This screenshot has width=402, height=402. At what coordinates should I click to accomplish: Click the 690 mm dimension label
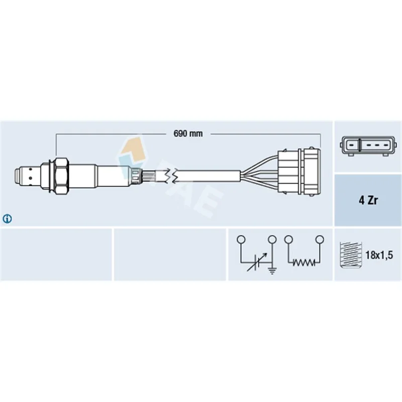click(188, 134)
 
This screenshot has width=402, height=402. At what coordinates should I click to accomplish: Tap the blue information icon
click(7, 219)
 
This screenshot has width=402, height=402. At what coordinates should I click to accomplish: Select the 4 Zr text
click(368, 200)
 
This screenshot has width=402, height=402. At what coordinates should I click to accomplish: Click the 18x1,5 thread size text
click(379, 255)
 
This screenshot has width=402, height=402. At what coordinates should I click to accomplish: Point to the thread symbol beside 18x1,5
click(350, 255)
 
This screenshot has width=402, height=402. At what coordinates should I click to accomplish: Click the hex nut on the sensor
click(61, 176)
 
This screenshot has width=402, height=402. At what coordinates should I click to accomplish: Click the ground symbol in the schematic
click(272, 270)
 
